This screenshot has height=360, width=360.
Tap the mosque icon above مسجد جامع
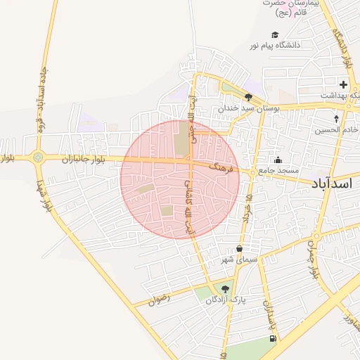click(x=278, y=160)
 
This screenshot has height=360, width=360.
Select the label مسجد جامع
click(x=278, y=171)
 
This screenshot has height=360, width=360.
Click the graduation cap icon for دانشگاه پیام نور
click(x=275, y=35)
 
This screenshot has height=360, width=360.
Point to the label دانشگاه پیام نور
click(x=274, y=46)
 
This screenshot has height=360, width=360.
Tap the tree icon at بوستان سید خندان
click(x=248, y=98)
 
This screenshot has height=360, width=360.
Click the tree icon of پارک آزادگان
click(x=225, y=289)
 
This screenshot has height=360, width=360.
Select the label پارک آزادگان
click(x=227, y=300)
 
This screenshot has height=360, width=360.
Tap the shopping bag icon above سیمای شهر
click(x=240, y=249)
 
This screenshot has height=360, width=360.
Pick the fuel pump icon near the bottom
click(x=272, y=339)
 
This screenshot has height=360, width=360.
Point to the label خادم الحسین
click(x=337, y=129)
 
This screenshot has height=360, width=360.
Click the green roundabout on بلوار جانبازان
click(x=37, y=158)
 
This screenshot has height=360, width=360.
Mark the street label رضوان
click(x=159, y=301)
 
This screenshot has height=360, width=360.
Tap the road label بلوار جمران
click(x=312, y=260)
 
